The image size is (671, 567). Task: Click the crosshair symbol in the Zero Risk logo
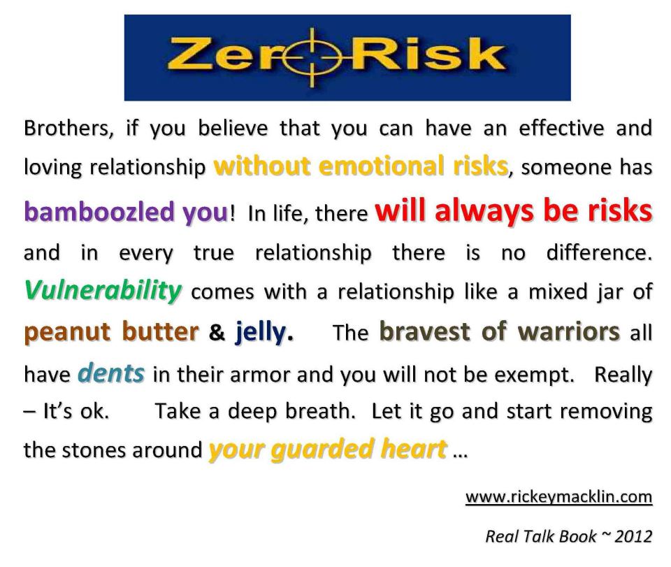(x=313, y=57)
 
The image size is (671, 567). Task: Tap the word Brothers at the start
(x=68, y=129)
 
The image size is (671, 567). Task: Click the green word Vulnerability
(x=103, y=292)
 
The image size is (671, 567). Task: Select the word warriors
(x=569, y=331)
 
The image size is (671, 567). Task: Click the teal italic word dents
(x=111, y=373)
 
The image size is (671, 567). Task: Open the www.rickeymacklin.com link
(x=559, y=497)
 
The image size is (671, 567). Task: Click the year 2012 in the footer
(x=633, y=536)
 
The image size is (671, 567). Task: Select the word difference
(x=599, y=253)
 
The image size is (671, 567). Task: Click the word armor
(x=261, y=375)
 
